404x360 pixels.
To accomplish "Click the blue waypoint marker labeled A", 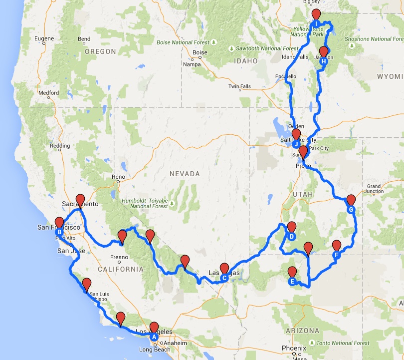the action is [154, 337].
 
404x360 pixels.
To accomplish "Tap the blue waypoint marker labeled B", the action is [59, 232].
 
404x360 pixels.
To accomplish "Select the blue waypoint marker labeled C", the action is [224, 278].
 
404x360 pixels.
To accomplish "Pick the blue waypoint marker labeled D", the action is [292, 236].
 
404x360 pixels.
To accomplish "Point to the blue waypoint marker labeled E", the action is [292, 281].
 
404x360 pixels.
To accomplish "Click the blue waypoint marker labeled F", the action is [337, 255].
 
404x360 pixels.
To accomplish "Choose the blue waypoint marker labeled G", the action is [351, 209].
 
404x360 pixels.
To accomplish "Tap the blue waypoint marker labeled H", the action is [324, 61].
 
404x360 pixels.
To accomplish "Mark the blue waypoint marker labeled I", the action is [316, 23].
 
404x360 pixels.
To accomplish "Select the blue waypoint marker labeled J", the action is [296, 144].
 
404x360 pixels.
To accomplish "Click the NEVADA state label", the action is [185, 174].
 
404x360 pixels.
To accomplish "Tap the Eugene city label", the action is [44, 38].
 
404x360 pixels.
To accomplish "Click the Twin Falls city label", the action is [239, 86].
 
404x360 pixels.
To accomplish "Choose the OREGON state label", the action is [100, 51].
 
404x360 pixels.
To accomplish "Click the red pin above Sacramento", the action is [80, 200].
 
